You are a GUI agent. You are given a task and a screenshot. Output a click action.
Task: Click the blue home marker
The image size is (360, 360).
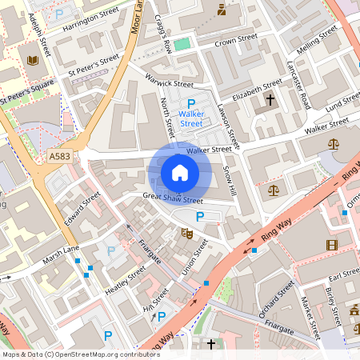pos(180,172)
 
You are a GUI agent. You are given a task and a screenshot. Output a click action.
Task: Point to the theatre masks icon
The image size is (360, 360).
pos(188,233)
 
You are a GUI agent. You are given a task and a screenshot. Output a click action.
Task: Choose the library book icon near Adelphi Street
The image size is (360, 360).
pos(33,60)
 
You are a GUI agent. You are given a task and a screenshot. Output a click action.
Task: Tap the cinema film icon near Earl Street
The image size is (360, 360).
pos(331,244)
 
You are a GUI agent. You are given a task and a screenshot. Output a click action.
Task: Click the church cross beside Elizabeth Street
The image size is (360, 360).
pos(270,100)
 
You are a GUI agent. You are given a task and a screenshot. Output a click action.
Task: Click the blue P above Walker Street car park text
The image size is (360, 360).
pos(190,104)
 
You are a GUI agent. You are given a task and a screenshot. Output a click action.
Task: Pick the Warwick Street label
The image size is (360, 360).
pos(170,81)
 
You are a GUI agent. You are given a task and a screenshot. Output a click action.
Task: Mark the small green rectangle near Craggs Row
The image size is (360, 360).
pos(183,44)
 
